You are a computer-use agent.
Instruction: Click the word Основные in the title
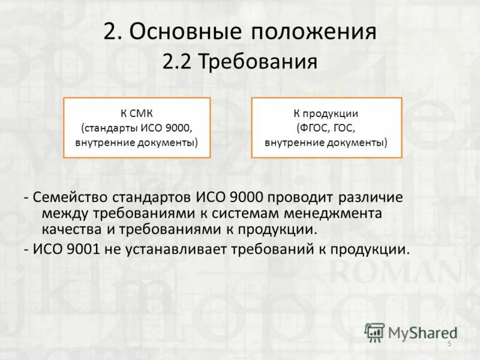(x=182, y=32)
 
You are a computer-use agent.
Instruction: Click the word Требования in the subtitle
(x=259, y=61)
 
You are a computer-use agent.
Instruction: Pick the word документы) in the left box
(x=169, y=143)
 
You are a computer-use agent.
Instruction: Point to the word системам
(x=250, y=213)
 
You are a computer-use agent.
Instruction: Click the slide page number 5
(x=449, y=343)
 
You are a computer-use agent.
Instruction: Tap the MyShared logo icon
(x=374, y=332)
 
